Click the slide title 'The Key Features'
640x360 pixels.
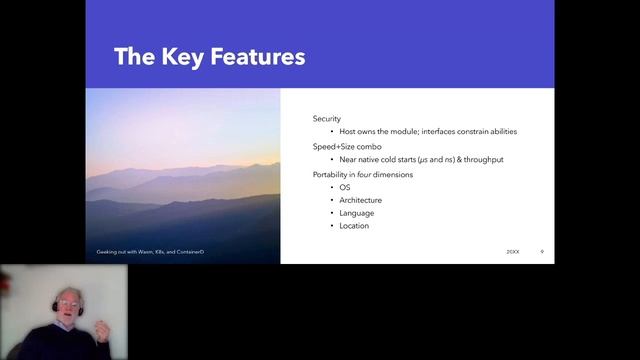209,56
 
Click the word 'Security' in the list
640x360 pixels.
327,118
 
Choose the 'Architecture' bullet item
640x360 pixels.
360,200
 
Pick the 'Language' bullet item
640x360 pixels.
357,213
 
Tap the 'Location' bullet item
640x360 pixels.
354,226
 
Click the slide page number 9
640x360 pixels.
541,251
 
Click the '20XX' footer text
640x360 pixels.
513,251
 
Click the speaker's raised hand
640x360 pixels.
101,331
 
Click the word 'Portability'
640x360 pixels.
333,174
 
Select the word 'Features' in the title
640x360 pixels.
254,56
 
